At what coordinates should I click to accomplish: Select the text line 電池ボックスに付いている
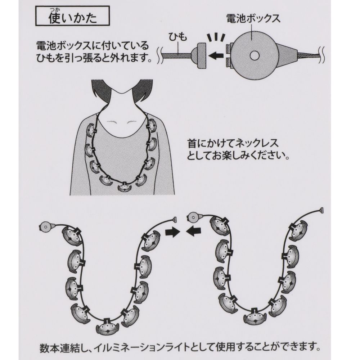[92, 46]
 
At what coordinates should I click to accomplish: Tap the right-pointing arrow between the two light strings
[172, 232]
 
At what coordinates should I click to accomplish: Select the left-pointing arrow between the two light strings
[194, 232]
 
